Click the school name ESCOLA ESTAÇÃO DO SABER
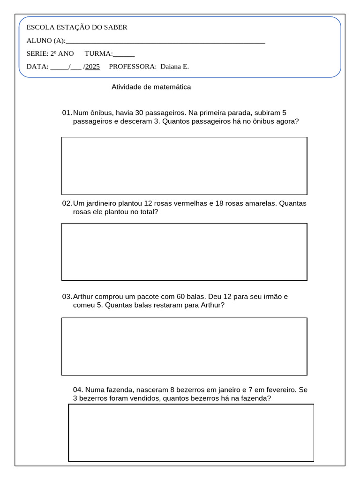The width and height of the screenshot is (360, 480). pyautogui.click(x=77, y=27)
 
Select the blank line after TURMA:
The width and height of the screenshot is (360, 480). pyautogui.click(x=124, y=55)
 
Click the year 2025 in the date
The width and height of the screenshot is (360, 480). pyautogui.click(x=92, y=67)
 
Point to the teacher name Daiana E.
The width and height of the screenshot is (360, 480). pyautogui.click(x=174, y=67)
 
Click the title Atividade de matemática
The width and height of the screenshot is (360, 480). pyautogui.click(x=151, y=87)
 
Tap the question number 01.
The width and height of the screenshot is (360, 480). pyautogui.click(x=67, y=113)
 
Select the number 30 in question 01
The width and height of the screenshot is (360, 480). pyautogui.click(x=139, y=113)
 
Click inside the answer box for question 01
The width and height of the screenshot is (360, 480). pyautogui.click(x=184, y=165)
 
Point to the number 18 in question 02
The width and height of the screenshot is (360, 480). pyautogui.click(x=219, y=203)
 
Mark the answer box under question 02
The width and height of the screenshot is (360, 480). pyautogui.click(x=184, y=252)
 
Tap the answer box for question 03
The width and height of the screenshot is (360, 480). pyautogui.click(x=184, y=346)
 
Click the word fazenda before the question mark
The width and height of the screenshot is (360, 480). pyautogui.click(x=254, y=398)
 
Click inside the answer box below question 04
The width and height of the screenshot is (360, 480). pyautogui.click(x=191, y=433)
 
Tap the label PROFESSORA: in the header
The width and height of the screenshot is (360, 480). pyautogui.click(x=133, y=67)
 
